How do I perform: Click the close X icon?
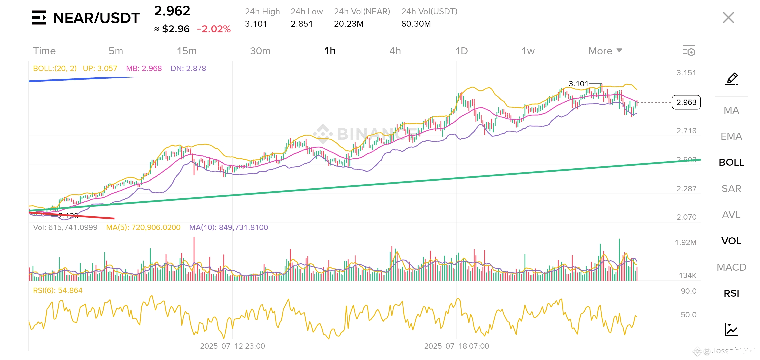coord(728,18)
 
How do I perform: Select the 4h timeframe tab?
coord(395,51)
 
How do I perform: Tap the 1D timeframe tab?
coord(461,51)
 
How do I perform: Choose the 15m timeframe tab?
coord(187,51)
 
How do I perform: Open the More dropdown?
coord(605,51)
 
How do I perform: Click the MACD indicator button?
coord(731,267)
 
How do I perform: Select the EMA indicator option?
coord(731,136)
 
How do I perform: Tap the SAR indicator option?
coord(731,189)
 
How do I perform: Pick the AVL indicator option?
coord(731,215)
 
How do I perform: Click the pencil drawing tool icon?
coord(732,79)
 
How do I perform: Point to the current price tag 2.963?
coord(686,102)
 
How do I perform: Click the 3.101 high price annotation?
coord(578,84)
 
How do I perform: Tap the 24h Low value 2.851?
coord(302,24)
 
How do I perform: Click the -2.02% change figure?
coord(214,29)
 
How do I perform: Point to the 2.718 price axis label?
coord(686,131)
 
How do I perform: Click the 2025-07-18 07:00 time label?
coord(456,346)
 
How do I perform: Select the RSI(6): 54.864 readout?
coord(58,290)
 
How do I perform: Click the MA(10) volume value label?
coord(229,227)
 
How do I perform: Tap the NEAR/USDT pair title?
coord(96,18)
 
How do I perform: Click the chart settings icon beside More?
coord(689,51)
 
